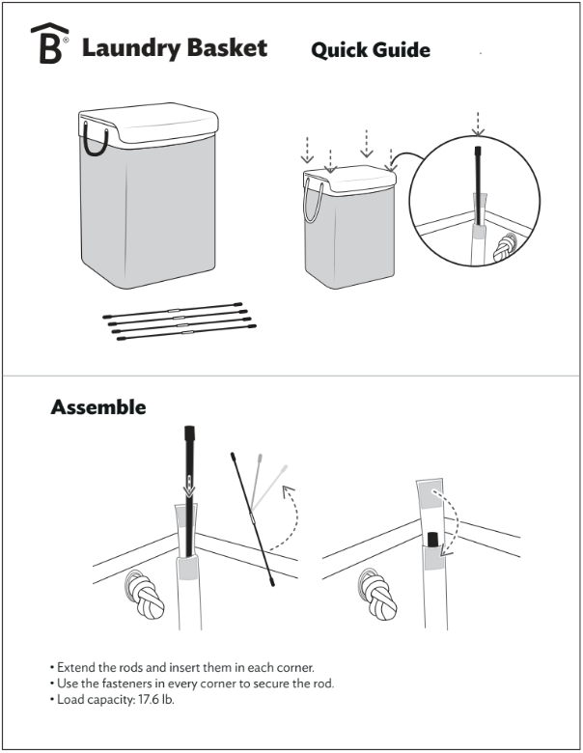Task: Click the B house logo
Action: point(48,45)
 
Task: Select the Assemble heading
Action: point(98,406)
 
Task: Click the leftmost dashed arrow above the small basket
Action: point(307,150)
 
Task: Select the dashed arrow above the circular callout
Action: point(476,124)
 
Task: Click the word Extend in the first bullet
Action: point(77,667)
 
